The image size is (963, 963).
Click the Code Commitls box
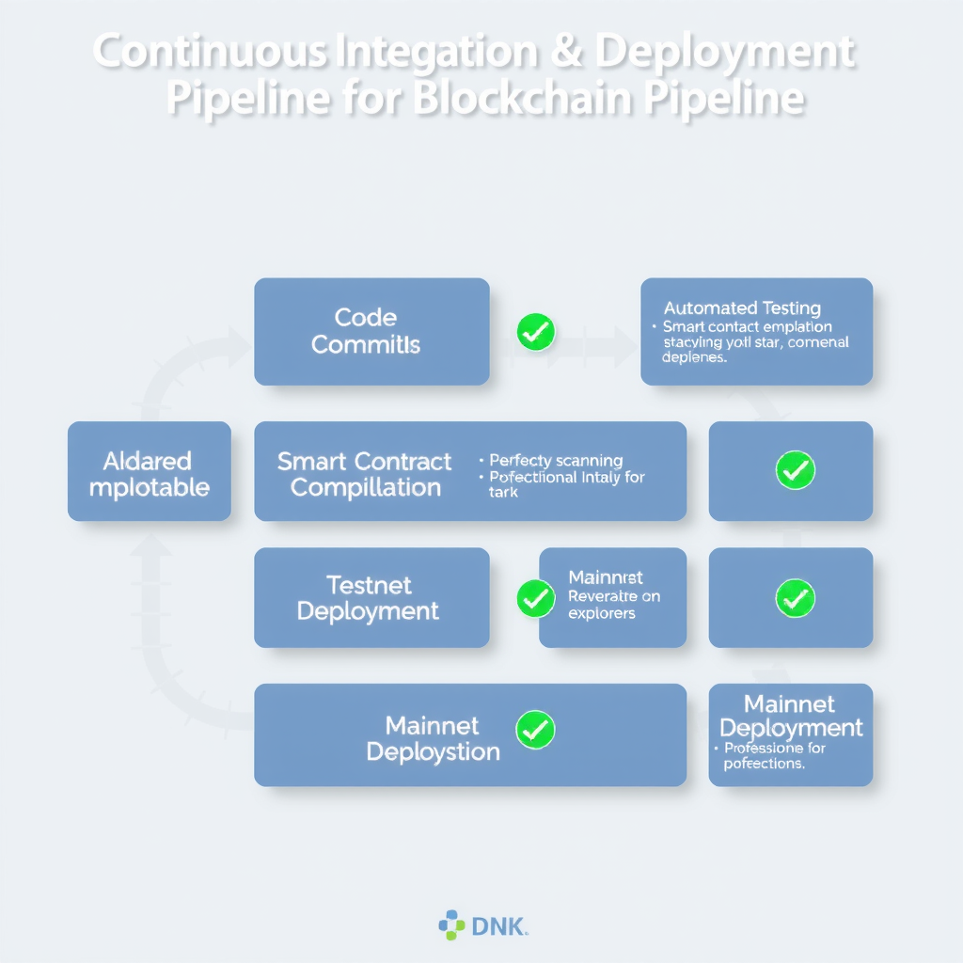[x=371, y=331]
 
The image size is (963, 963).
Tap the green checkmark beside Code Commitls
[x=535, y=331]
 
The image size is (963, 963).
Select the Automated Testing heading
[x=742, y=308]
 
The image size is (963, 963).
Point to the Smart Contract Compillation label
[x=365, y=474]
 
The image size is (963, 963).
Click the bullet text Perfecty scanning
[x=556, y=461]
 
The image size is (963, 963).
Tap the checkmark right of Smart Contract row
[x=794, y=469]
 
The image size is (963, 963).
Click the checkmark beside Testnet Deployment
[x=535, y=598]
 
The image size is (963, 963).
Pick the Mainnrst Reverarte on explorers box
[x=613, y=596]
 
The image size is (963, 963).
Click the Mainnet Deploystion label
[x=433, y=738]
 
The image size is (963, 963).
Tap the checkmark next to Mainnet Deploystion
[x=535, y=729]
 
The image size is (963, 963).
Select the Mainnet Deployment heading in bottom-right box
[x=790, y=716]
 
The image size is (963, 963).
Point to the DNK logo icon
[x=451, y=925]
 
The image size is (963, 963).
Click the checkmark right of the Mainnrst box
[x=794, y=597]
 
